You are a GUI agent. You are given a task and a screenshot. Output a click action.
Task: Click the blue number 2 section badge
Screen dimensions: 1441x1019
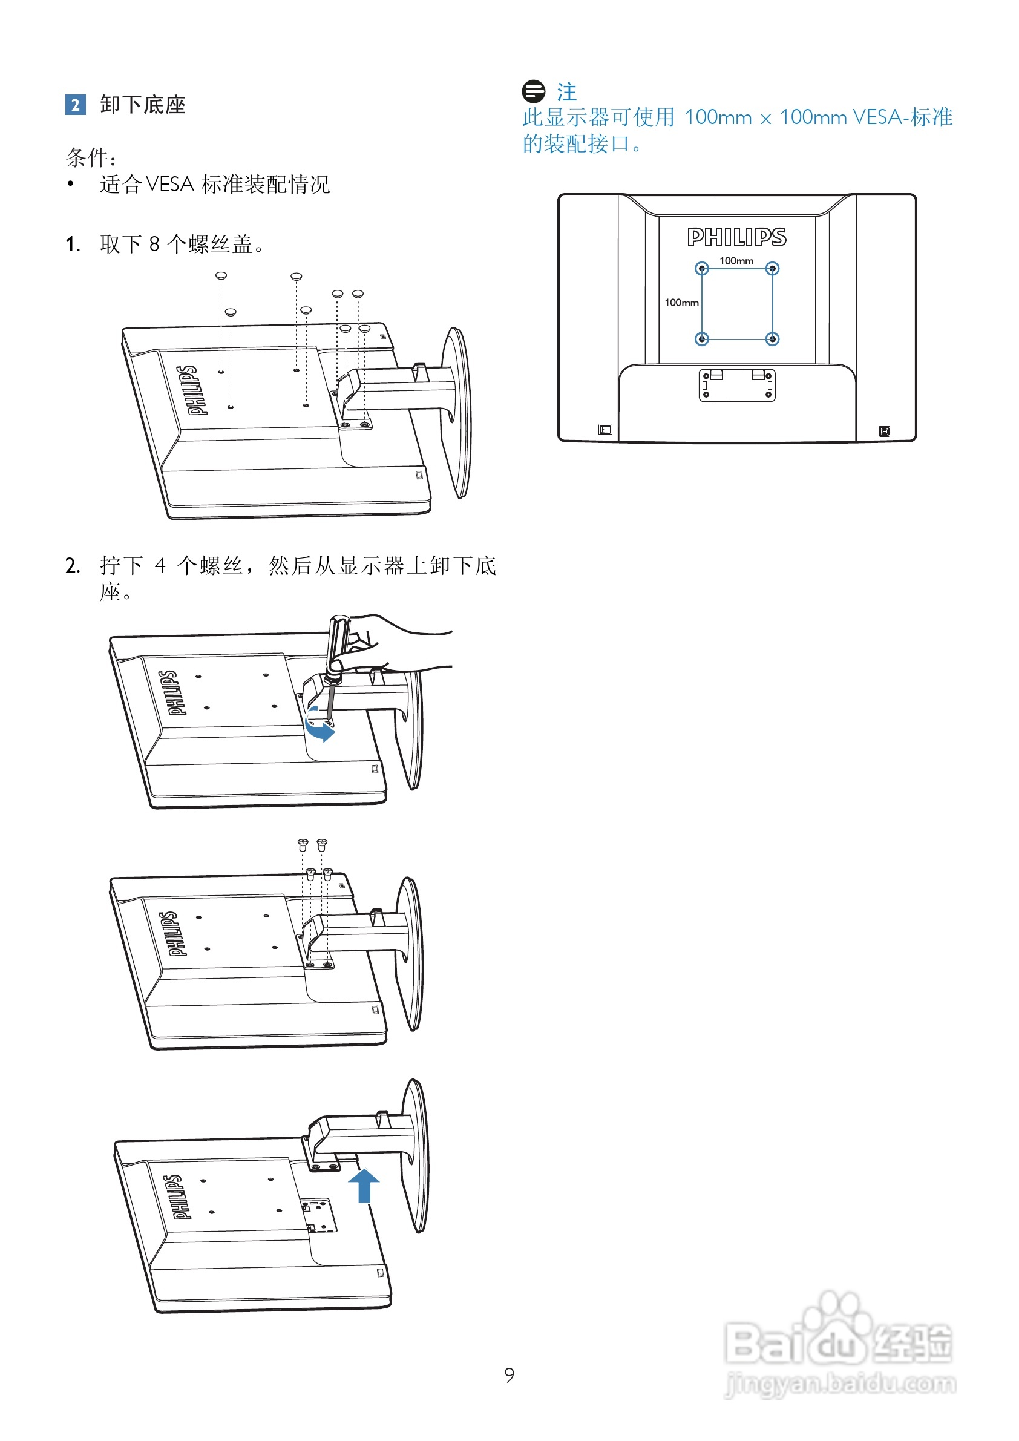point(75,104)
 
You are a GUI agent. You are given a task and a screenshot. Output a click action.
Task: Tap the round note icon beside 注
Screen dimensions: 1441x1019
point(533,91)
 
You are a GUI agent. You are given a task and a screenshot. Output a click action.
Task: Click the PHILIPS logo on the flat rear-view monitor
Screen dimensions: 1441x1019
point(736,237)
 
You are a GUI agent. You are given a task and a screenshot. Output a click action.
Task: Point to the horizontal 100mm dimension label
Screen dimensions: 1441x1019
point(736,261)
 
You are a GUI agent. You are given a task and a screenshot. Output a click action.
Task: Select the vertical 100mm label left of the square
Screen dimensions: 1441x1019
point(681,303)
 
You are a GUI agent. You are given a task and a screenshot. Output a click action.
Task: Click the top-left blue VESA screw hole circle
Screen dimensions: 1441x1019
point(701,269)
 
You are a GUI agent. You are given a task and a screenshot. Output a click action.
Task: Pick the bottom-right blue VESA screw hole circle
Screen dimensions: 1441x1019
point(772,339)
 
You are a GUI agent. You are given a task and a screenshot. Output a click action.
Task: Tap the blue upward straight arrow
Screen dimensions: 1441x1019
point(364,1186)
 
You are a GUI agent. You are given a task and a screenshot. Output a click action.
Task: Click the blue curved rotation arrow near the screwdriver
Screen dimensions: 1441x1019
point(320,728)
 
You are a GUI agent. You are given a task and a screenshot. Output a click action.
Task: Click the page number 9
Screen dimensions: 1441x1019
point(509,1375)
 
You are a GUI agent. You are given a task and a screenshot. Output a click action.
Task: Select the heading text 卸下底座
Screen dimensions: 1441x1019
point(143,105)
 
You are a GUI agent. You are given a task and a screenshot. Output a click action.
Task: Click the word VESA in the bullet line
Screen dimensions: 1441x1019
point(169,185)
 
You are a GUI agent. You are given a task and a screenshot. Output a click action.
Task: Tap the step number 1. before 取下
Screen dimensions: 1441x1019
point(73,244)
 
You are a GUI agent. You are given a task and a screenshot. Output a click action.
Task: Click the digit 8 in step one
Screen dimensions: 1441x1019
point(154,244)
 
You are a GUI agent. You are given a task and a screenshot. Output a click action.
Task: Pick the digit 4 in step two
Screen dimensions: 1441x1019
point(160,565)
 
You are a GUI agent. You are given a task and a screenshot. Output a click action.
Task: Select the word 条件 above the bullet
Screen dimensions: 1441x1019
point(88,157)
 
